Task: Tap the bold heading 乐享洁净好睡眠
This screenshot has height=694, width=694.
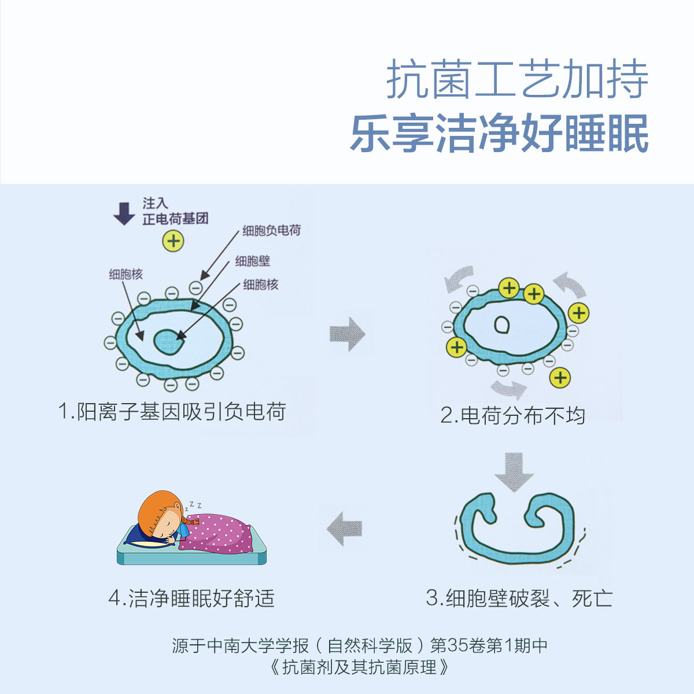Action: tap(499, 134)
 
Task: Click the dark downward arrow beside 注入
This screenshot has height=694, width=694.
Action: tap(124, 212)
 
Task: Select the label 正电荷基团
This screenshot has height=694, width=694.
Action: tap(175, 219)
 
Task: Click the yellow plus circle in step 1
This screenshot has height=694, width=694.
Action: tap(173, 240)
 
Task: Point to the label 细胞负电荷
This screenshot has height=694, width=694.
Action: tap(271, 231)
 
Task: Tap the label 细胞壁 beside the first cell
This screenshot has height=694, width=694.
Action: tap(253, 261)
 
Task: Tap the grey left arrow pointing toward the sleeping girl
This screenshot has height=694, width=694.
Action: tap(345, 528)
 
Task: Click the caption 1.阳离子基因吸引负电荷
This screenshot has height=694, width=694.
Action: tap(172, 412)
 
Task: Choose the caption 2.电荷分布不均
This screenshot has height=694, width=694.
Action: tap(512, 415)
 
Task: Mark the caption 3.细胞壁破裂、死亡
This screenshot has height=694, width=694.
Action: tap(519, 598)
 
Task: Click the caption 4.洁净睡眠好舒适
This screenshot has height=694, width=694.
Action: tap(191, 598)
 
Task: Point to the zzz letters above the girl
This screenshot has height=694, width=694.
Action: tap(193, 506)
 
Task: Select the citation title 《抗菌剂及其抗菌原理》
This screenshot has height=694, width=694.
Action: tap(359, 667)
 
